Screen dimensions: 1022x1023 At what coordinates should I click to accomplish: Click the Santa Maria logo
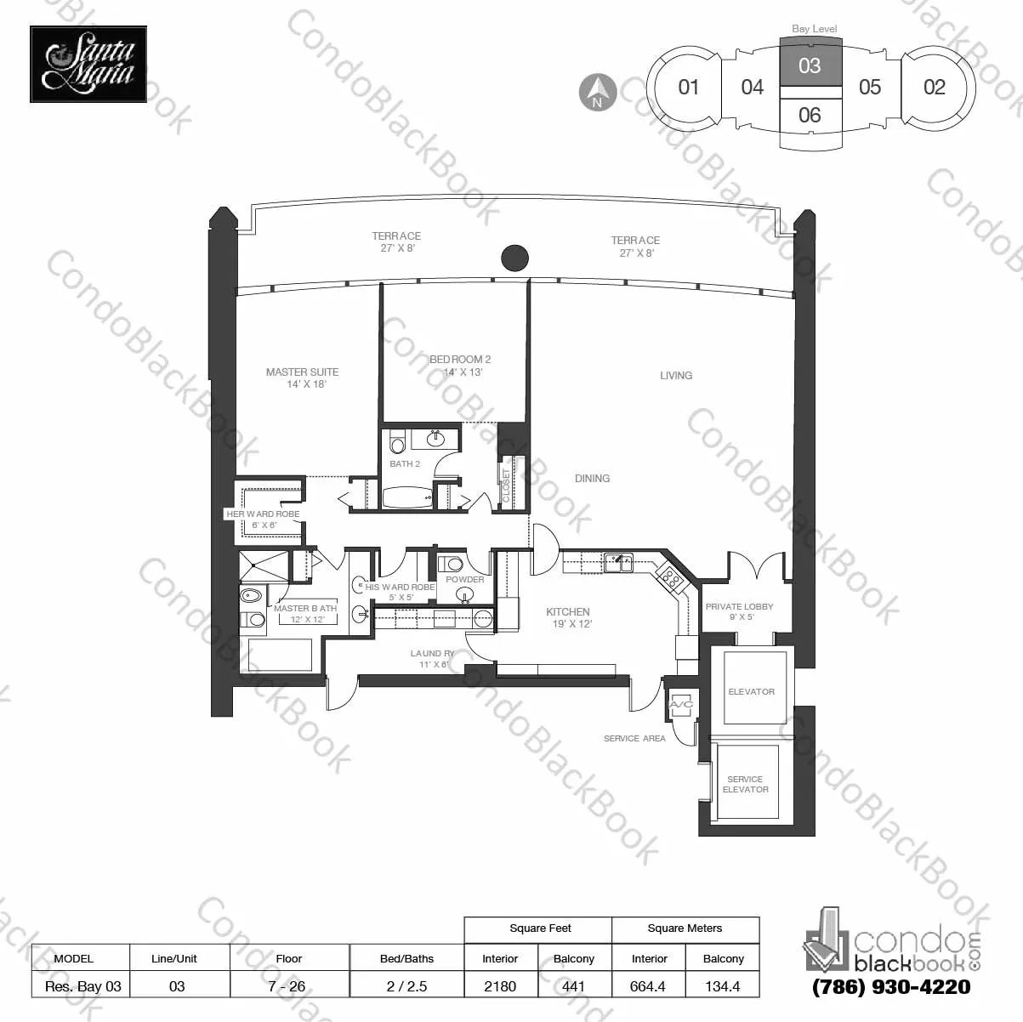click(88, 64)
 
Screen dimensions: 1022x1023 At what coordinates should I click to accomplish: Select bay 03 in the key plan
click(810, 65)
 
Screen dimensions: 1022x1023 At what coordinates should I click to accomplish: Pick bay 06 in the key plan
click(810, 115)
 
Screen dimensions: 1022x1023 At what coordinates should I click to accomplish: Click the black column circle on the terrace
click(514, 257)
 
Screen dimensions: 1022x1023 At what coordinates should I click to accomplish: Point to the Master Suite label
click(302, 378)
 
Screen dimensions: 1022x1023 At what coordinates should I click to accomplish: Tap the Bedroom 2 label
click(460, 366)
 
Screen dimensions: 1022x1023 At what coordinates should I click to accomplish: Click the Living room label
click(676, 375)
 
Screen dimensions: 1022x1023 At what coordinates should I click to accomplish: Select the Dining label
click(592, 479)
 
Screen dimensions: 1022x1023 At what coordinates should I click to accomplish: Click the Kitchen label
click(568, 617)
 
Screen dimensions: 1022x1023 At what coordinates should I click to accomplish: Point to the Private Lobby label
click(739, 611)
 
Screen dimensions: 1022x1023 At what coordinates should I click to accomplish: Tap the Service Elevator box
click(746, 784)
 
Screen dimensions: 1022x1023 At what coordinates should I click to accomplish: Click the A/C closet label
click(681, 705)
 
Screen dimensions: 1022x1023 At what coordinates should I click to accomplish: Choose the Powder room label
click(465, 580)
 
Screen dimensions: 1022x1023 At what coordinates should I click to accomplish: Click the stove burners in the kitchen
click(670, 579)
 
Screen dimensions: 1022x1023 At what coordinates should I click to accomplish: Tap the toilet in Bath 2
click(397, 444)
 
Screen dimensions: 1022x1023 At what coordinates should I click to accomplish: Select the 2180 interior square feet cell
click(500, 986)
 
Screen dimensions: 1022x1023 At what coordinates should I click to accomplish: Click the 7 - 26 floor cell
click(289, 986)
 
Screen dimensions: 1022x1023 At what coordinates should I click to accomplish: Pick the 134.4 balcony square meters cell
click(723, 986)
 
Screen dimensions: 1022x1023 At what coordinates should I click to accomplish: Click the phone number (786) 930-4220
click(891, 987)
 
